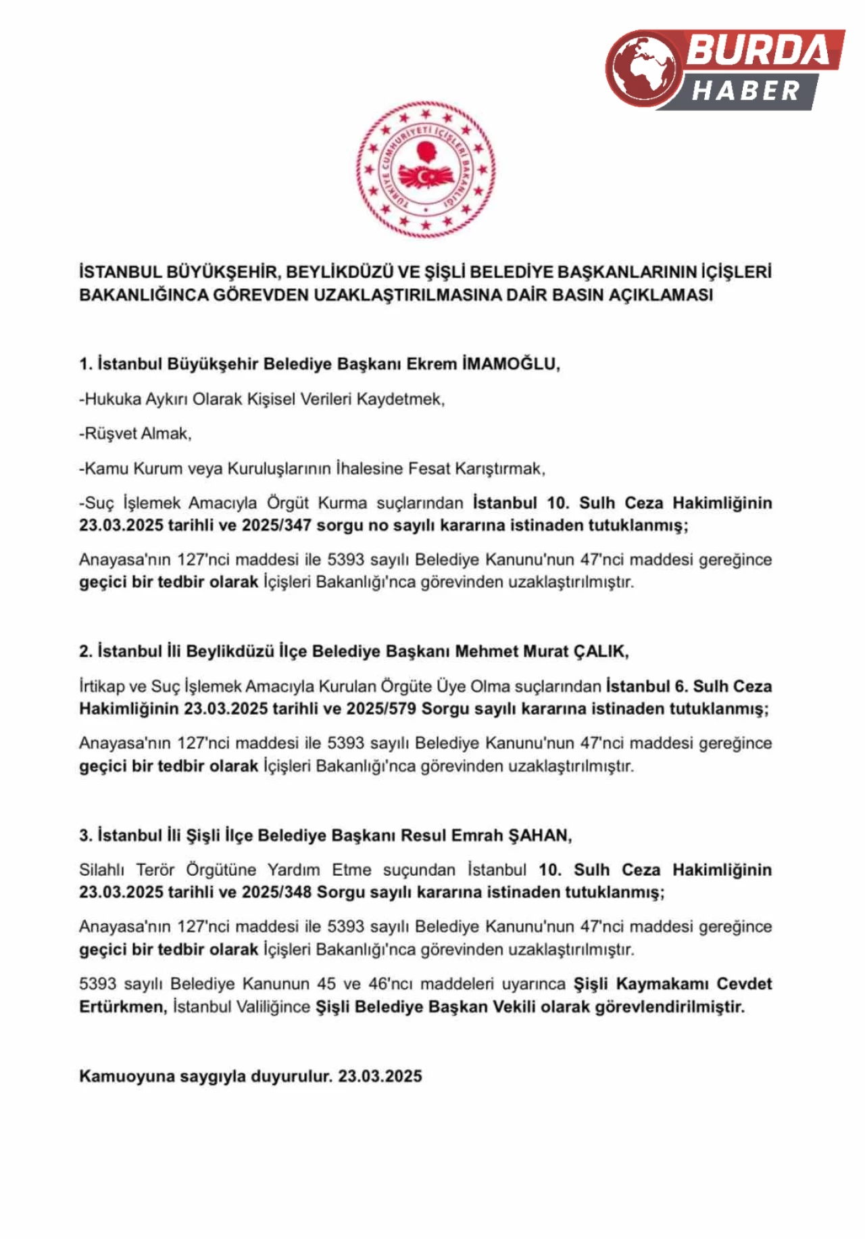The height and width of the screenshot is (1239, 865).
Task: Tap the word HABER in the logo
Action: (745, 91)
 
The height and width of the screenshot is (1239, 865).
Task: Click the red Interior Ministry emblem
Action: (426, 169)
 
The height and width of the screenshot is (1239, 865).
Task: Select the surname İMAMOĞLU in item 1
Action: (511, 364)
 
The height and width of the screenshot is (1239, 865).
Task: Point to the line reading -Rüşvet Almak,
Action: (135, 434)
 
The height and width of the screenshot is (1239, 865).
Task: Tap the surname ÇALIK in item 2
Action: (600, 651)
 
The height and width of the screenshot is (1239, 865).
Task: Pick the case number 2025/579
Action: (380, 709)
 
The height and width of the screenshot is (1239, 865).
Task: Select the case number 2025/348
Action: (276, 892)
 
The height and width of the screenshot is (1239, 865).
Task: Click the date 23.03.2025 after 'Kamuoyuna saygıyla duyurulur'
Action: (380, 1076)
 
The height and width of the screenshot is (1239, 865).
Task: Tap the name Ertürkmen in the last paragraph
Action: (122, 1007)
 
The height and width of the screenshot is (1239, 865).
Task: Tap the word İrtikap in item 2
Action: (102, 686)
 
